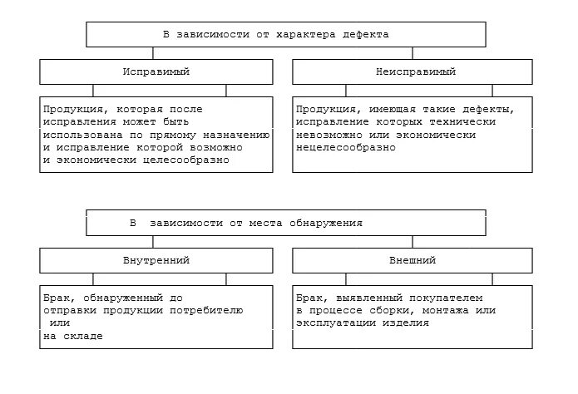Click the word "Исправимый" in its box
point(156,72)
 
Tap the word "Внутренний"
point(156,261)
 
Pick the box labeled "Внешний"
point(413,261)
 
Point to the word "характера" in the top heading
point(301,35)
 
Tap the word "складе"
point(90,336)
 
